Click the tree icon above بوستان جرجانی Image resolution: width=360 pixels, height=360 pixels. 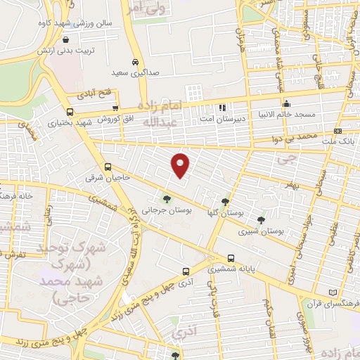(x=167, y=198)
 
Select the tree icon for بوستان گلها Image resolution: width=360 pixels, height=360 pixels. (x=225, y=201)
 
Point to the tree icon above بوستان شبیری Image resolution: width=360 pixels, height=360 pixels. (x=262, y=219)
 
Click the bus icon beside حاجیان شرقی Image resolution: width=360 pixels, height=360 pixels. (x=108, y=167)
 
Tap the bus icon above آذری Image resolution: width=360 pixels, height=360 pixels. (x=186, y=271)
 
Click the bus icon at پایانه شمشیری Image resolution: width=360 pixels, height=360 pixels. (x=231, y=257)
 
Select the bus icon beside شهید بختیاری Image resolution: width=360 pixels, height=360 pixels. (x=69, y=112)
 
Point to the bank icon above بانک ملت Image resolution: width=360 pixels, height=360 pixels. (x=337, y=131)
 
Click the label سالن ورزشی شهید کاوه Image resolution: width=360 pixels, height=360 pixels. (x=77, y=25)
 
